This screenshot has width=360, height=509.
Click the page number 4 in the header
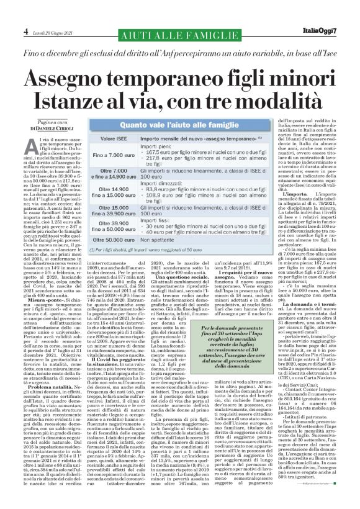tap(9, 13)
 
